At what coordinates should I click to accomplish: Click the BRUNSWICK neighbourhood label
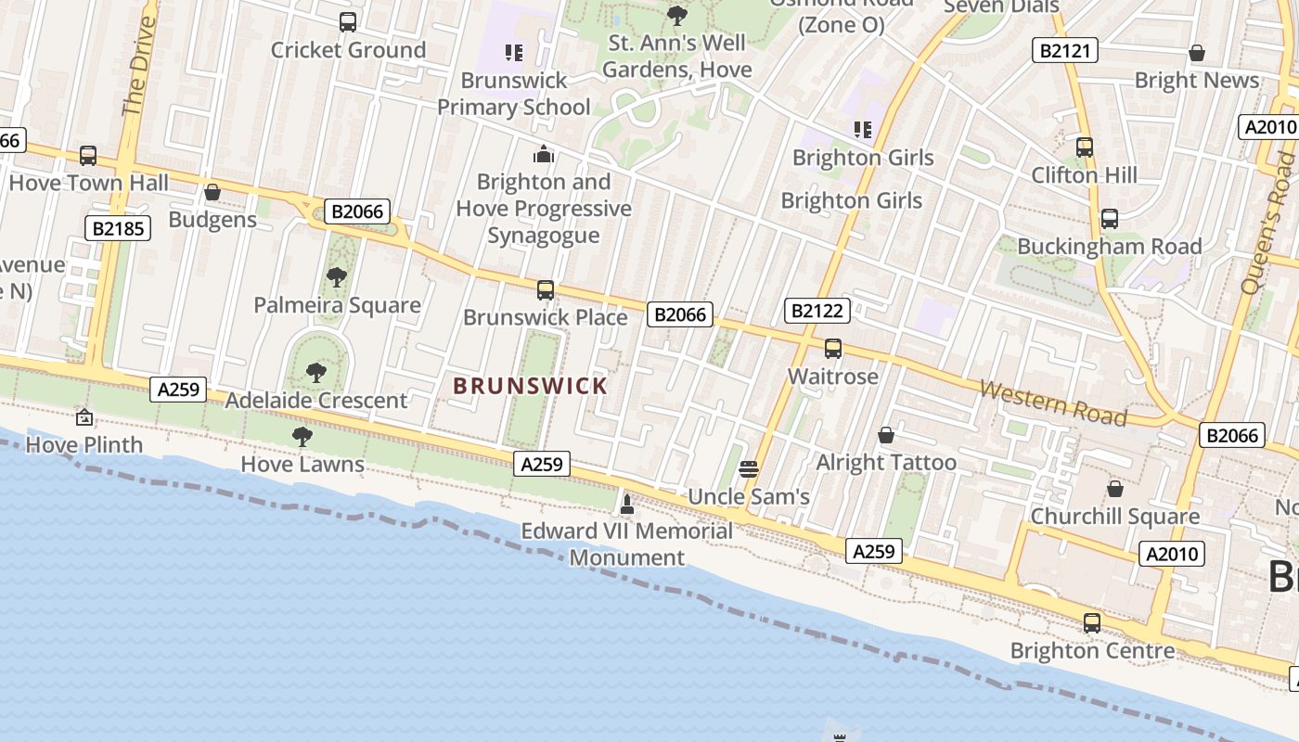click(530, 386)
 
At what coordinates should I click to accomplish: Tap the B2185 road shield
click(118, 227)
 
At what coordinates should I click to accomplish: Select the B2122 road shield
click(817, 311)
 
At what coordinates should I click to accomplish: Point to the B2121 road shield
click(1065, 50)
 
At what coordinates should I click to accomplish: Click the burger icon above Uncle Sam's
click(749, 468)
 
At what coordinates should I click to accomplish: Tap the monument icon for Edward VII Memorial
click(627, 505)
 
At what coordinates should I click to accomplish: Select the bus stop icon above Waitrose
click(833, 349)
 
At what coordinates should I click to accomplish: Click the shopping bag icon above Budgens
click(212, 192)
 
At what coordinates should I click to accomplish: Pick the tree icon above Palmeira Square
click(337, 276)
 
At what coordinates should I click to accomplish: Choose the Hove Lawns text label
click(302, 464)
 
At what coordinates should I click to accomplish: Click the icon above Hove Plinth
click(84, 417)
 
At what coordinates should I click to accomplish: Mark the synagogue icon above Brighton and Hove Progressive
click(544, 154)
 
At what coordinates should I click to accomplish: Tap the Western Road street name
click(1053, 403)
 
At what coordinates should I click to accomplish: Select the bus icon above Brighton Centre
click(1092, 623)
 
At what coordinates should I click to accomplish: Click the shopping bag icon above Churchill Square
click(1115, 489)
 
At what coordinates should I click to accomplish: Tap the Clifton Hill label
click(1084, 174)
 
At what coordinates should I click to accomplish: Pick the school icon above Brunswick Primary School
click(513, 53)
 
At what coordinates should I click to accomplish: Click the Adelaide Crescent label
click(316, 401)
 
